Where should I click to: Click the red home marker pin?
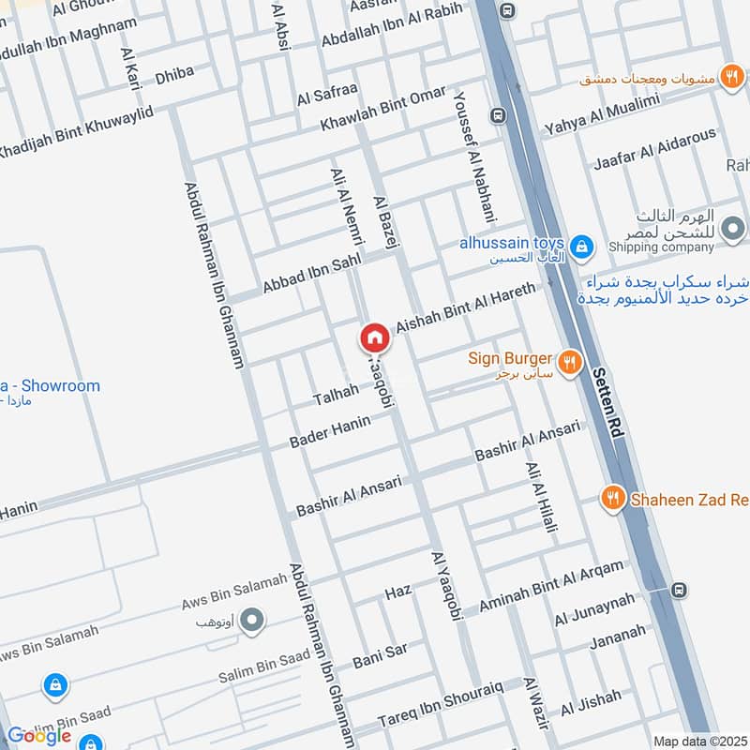click(x=375, y=337)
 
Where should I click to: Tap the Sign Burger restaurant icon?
click(x=567, y=361)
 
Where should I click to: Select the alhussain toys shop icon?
click(x=582, y=247)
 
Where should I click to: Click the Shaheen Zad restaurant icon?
click(x=613, y=499)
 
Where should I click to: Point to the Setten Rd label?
click(x=607, y=404)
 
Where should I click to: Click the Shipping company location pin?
click(x=734, y=228)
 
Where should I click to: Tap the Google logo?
click(x=39, y=736)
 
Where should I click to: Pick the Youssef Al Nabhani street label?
click(x=470, y=154)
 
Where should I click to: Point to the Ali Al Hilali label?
click(x=542, y=497)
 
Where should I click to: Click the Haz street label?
click(x=398, y=593)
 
